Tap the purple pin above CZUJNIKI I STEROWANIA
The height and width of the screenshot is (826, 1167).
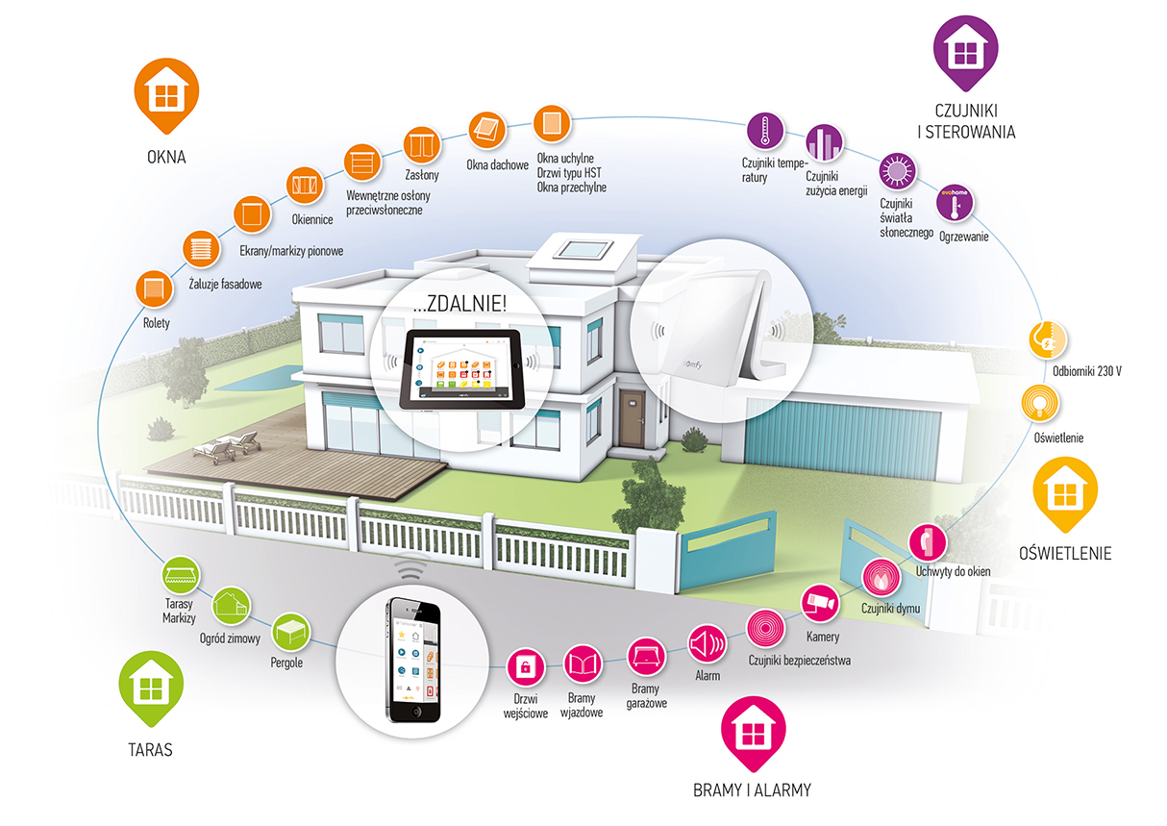pyautogui.click(x=965, y=50)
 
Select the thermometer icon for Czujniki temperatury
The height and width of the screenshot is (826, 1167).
pyautogui.click(x=766, y=132)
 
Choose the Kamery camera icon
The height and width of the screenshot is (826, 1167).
pyautogui.click(x=821, y=602)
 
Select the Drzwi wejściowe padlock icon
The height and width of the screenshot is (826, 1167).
pyautogui.click(x=526, y=665)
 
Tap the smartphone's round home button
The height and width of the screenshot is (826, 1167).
pyautogui.click(x=415, y=711)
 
